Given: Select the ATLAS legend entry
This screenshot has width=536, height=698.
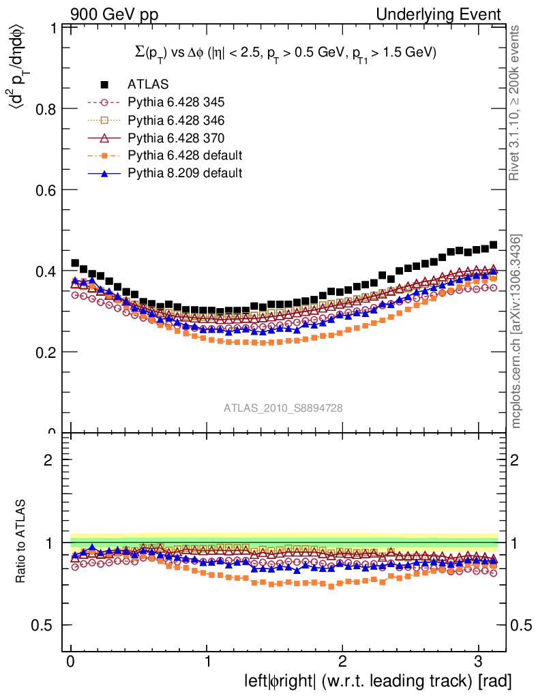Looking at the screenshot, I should click(148, 85).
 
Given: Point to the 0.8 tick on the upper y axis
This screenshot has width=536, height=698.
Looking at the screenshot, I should click(42, 109).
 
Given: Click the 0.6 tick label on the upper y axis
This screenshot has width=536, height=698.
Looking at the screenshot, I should click(42, 190).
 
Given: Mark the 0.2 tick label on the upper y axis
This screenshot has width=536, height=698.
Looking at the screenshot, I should click(42, 352).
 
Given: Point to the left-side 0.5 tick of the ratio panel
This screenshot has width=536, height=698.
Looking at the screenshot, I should click(42, 625).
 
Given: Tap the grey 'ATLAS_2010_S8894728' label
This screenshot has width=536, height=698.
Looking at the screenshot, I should click(283, 408).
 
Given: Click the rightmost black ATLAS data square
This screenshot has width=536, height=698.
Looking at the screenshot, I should click(493, 245).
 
